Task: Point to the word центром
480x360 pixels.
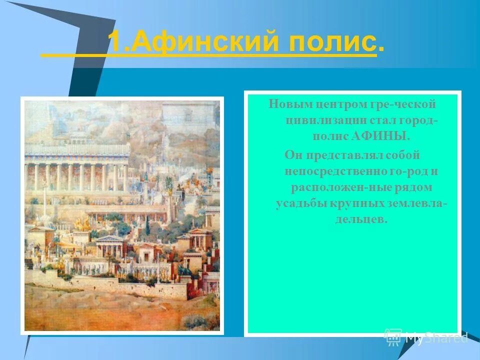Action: (339, 104)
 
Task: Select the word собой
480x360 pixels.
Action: (404, 155)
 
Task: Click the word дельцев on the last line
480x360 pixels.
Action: (362, 219)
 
